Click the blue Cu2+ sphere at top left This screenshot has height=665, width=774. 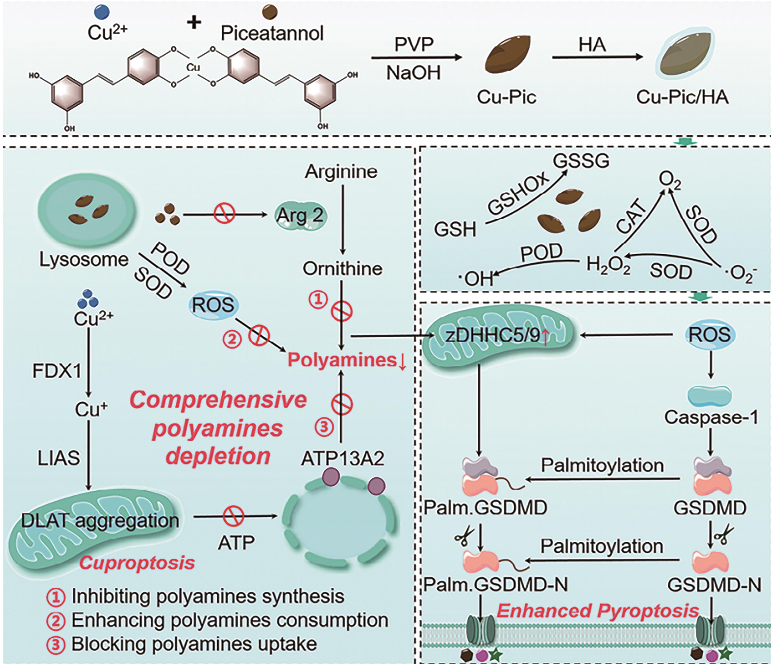tap(102, 12)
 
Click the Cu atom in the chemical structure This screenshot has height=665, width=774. tap(193, 67)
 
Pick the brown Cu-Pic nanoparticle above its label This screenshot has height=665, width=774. tap(507, 57)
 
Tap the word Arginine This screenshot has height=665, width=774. tap(341, 172)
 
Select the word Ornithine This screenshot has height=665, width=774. tap(342, 269)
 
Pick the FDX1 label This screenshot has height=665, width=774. tap(57, 371)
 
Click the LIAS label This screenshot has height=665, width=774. tap(59, 458)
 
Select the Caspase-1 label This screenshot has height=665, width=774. tap(711, 417)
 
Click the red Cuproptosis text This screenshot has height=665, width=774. tap(137, 563)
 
